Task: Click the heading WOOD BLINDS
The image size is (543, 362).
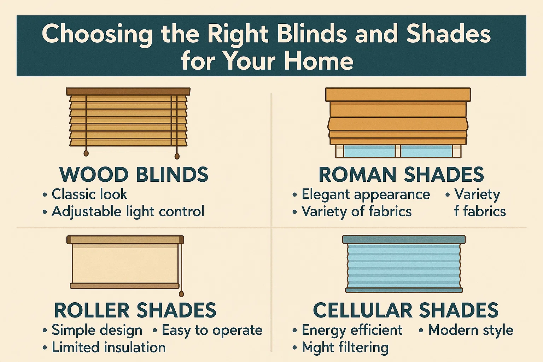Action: [134, 175]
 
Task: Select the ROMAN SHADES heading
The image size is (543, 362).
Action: [401, 175]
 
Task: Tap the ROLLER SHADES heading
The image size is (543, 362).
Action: [135, 310]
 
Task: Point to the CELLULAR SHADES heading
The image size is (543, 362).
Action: [405, 310]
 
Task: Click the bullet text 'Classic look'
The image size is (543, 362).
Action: [89, 194]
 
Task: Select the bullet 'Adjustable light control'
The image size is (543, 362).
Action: [128, 211]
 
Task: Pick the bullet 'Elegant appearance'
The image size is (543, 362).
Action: [366, 194]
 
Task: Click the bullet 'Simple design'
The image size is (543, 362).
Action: [97, 330]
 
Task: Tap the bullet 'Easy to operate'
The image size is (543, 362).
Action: [212, 330]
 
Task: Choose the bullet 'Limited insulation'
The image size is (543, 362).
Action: [109, 347]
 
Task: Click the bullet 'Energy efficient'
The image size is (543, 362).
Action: [352, 330]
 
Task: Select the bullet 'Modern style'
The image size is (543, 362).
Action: [471, 330]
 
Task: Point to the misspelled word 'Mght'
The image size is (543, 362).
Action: [317, 348]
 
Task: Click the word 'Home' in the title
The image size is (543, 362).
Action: [319, 61]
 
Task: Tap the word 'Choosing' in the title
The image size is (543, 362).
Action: [97, 34]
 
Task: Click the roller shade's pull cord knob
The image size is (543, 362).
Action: [181, 294]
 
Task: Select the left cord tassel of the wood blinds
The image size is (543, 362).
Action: [86, 153]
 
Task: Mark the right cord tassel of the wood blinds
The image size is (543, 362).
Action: [177, 156]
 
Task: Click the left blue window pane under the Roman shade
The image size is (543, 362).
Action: [369, 151]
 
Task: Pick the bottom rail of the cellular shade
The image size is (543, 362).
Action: [404, 290]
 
